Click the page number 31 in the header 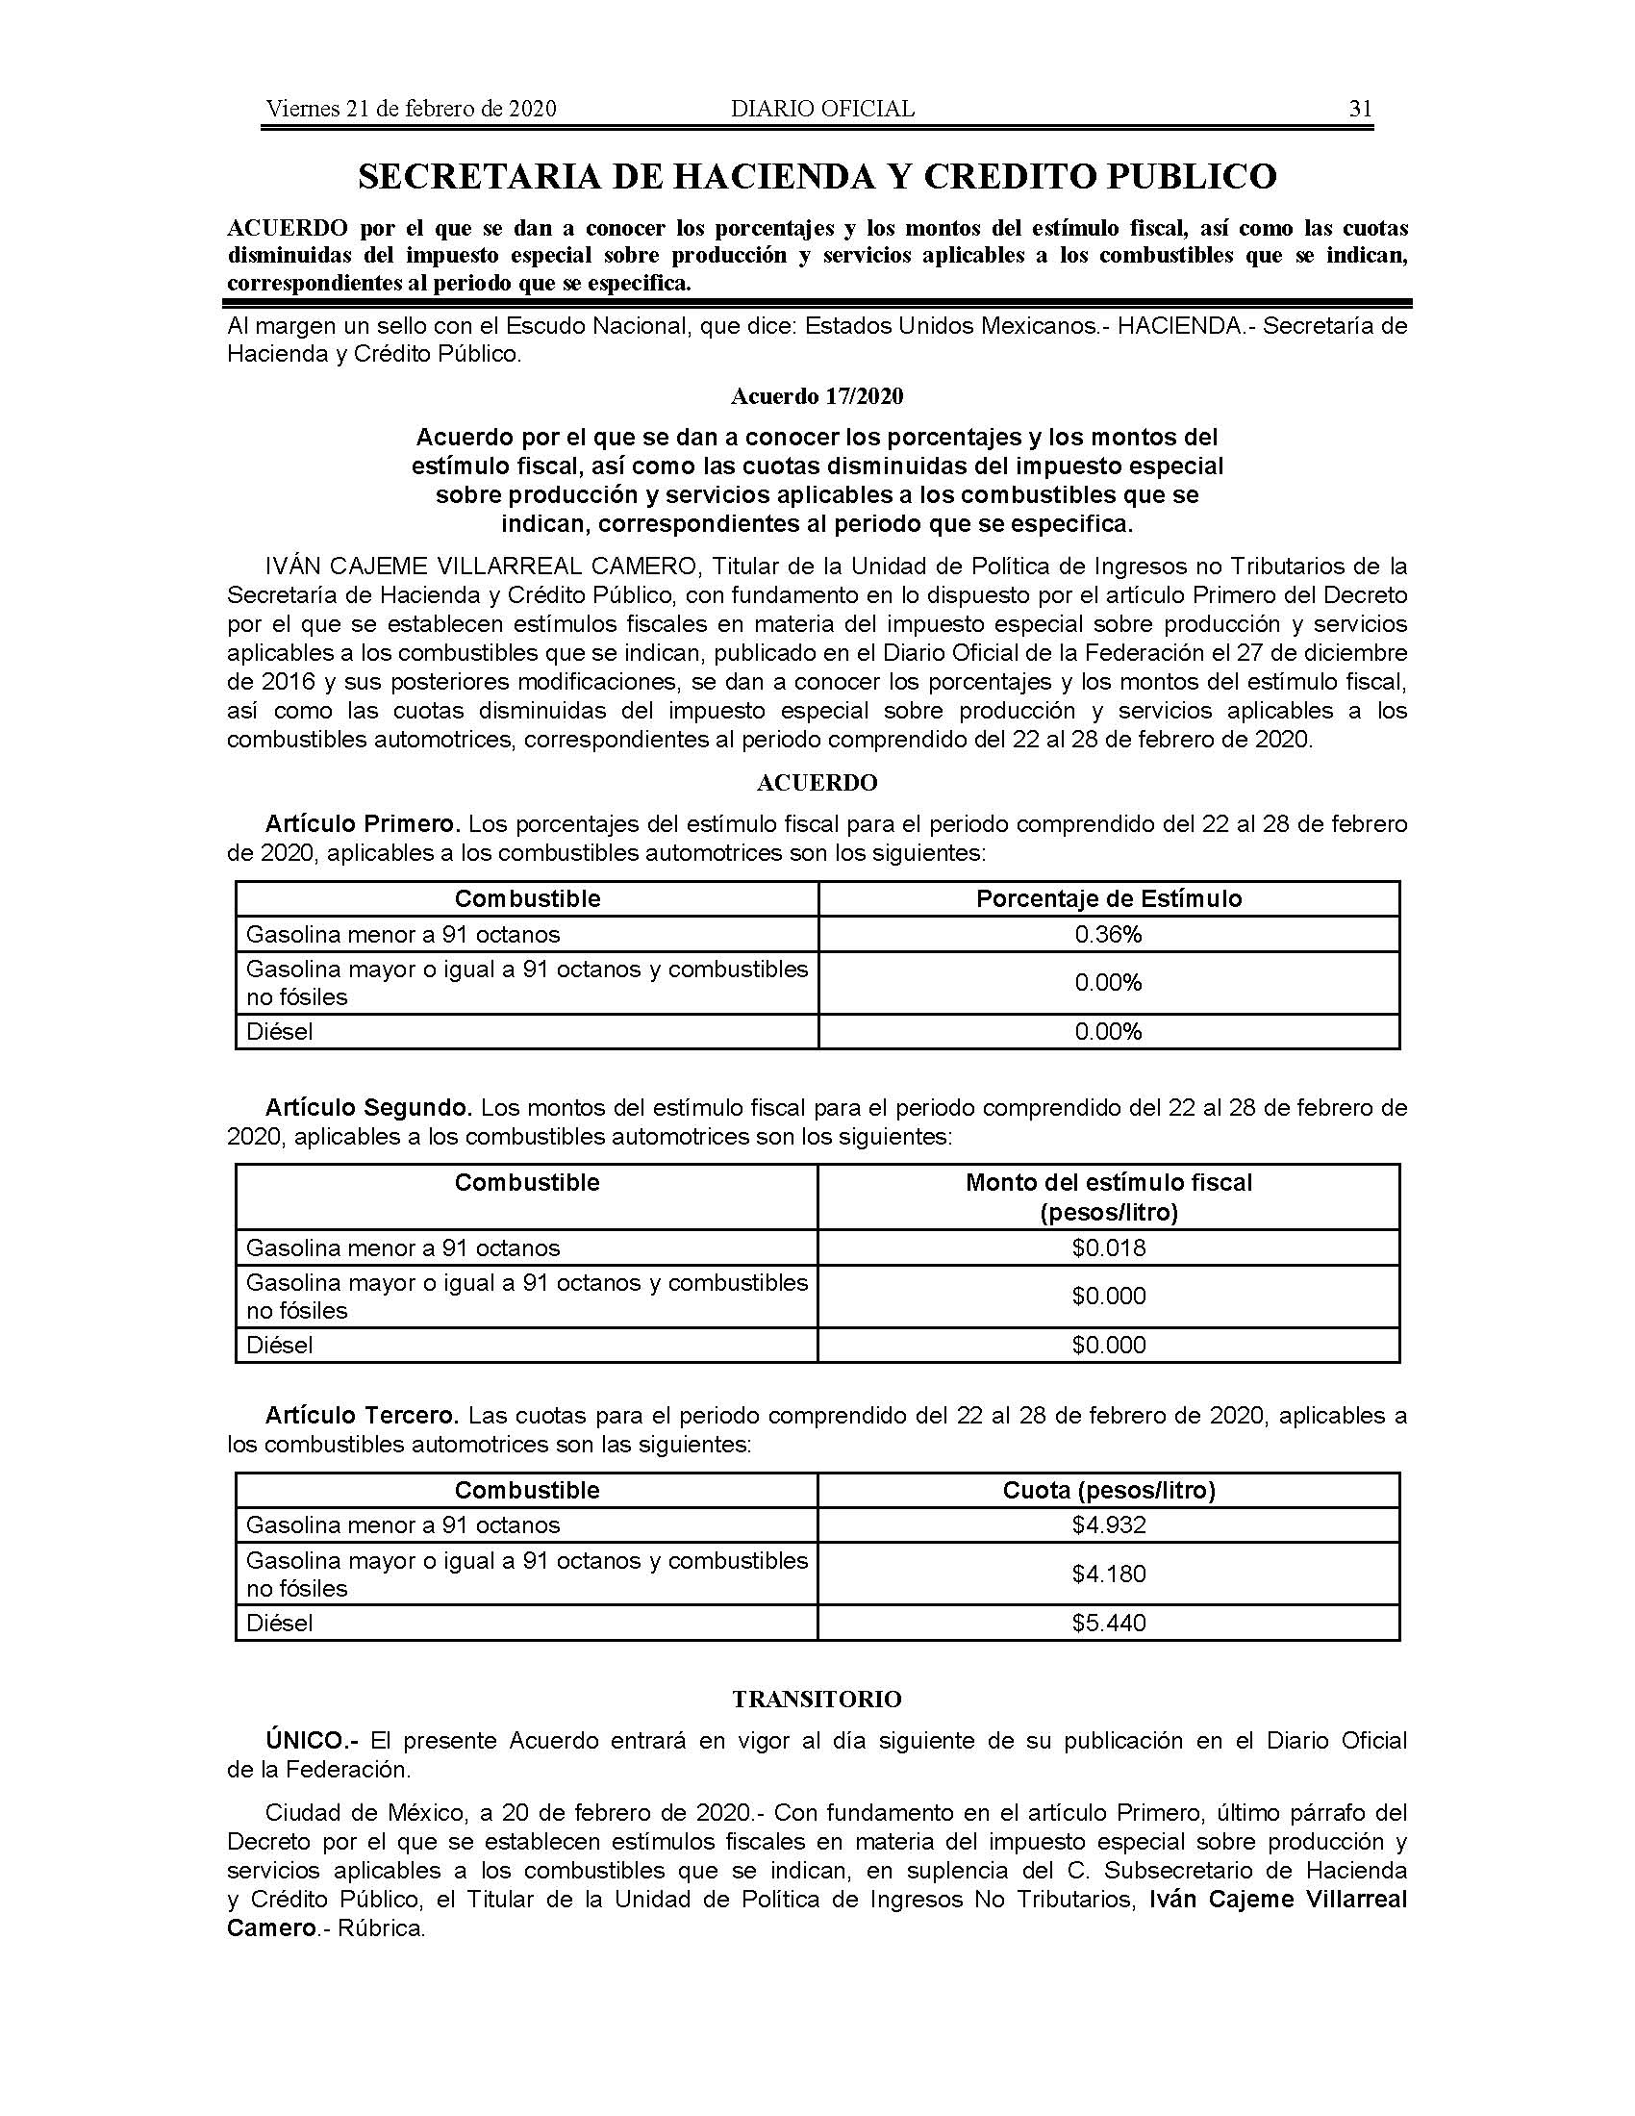[x=1360, y=109]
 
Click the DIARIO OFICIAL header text [x=822, y=109]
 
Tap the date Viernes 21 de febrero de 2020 [x=411, y=109]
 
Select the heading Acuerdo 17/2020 [x=817, y=396]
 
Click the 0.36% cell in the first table [x=1108, y=934]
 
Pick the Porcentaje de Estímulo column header [x=1108, y=899]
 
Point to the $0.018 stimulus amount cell [x=1108, y=1247]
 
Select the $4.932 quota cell [x=1108, y=1525]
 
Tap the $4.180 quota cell [x=1108, y=1574]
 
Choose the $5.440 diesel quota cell [x=1108, y=1623]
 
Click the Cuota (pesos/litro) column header [x=1108, y=1490]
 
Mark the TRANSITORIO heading [x=817, y=1700]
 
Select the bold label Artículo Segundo [x=368, y=1107]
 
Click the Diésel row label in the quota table [x=280, y=1623]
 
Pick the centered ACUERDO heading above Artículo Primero [x=817, y=783]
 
